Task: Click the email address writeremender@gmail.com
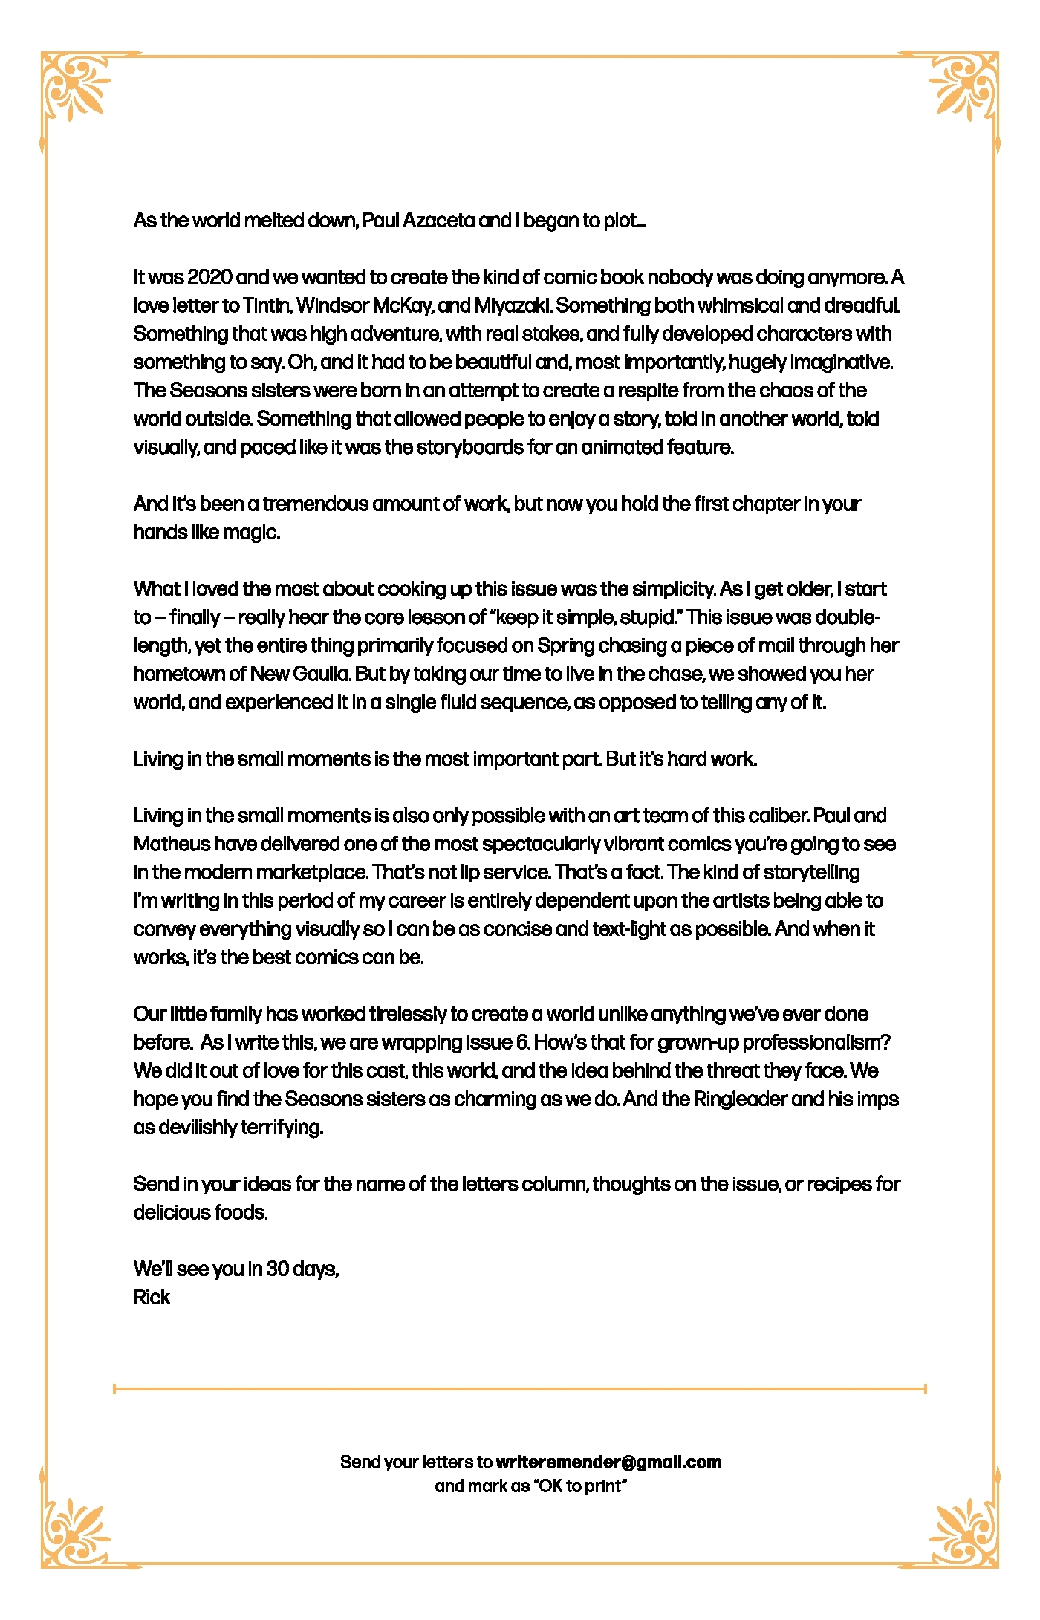pyautogui.click(x=608, y=1462)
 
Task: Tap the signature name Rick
pyautogui.click(x=152, y=1297)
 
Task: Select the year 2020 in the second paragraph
pyautogui.click(x=209, y=277)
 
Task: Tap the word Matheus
pyautogui.click(x=171, y=844)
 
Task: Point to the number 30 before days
pyautogui.click(x=277, y=1269)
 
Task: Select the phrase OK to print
pyautogui.click(x=580, y=1486)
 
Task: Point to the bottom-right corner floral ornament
pyautogui.click(x=963, y=1532)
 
